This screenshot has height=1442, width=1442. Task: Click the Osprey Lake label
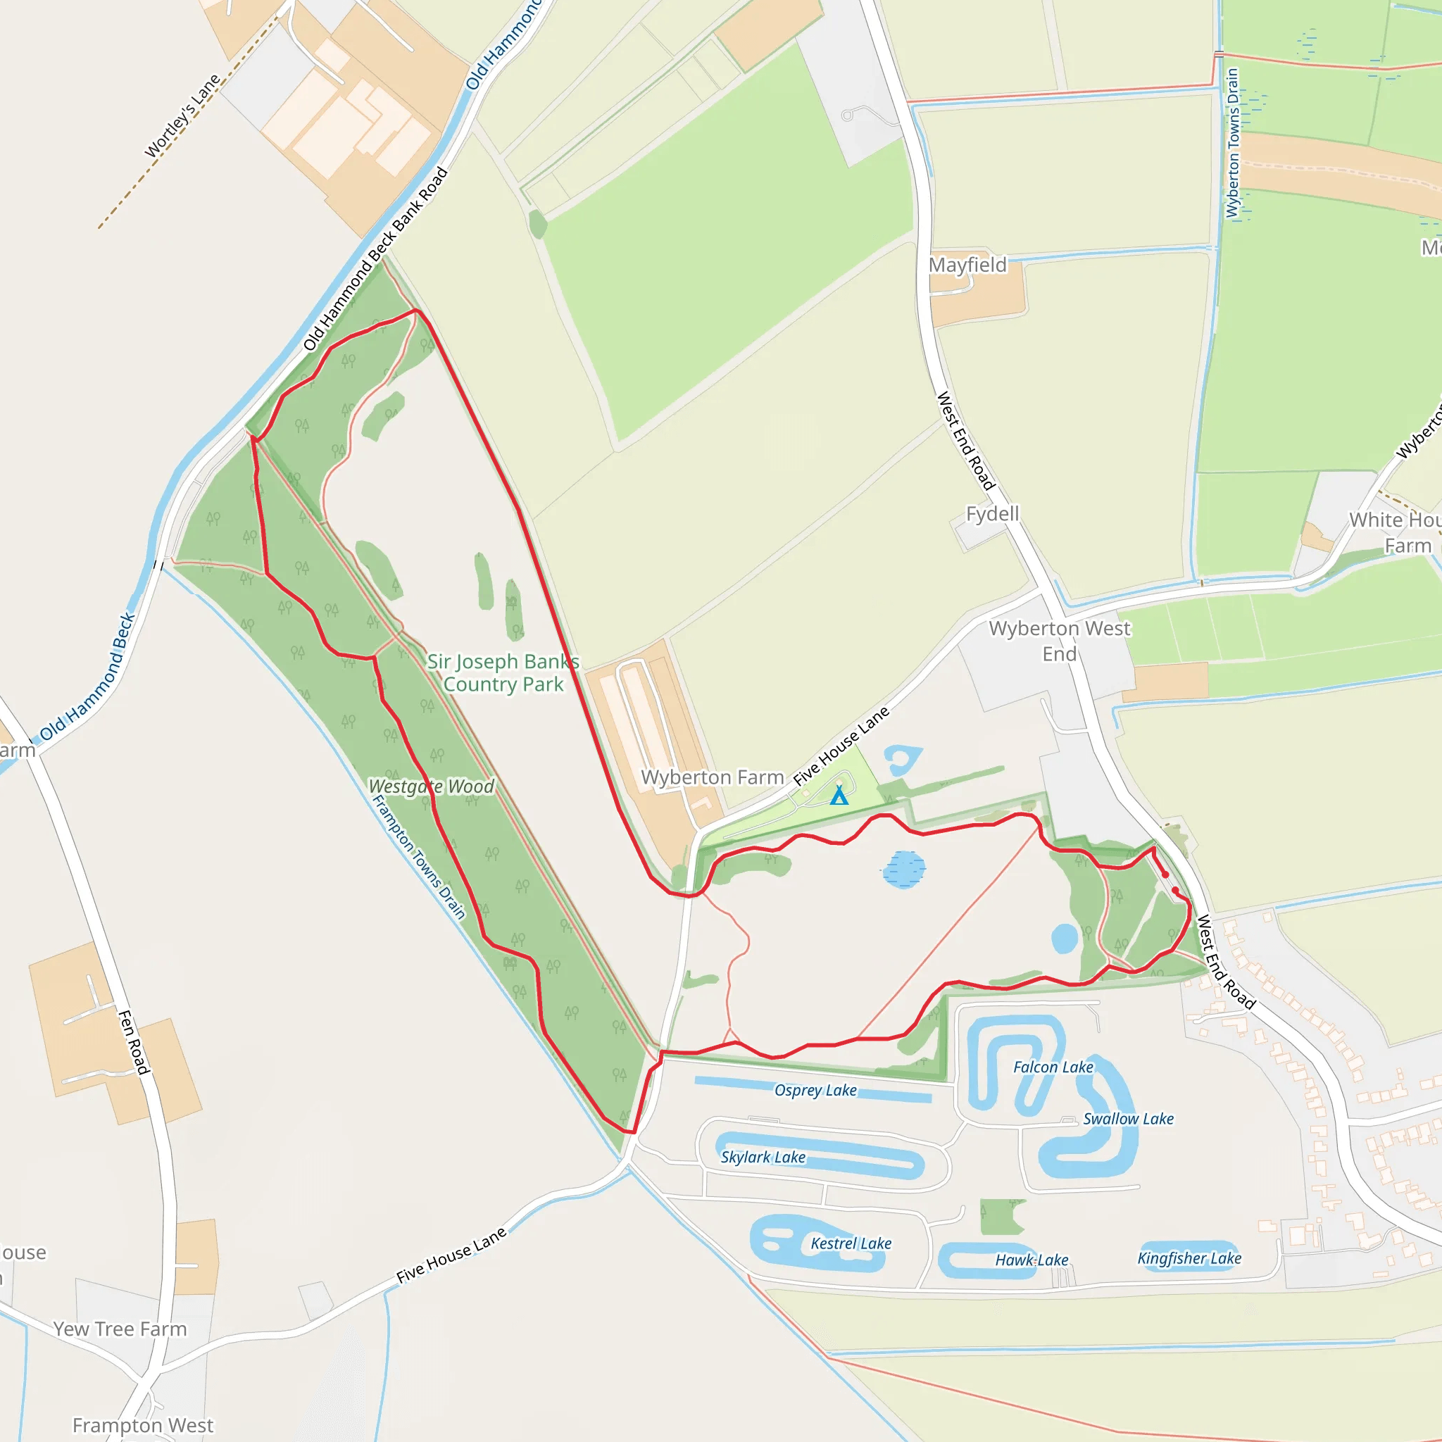pyautogui.click(x=815, y=1091)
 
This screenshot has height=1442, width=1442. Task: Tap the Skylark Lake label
pyautogui.click(x=763, y=1158)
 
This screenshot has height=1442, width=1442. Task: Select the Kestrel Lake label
pyautogui.click(x=851, y=1243)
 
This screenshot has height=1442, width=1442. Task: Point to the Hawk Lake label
pyautogui.click(x=1032, y=1260)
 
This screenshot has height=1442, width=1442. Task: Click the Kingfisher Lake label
pyautogui.click(x=1189, y=1258)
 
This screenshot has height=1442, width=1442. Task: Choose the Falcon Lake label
pyautogui.click(x=1053, y=1067)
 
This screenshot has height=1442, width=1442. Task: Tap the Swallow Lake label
pyautogui.click(x=1128, y=1119)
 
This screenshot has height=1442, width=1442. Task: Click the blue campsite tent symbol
pyautogui.click(x=839, y=796)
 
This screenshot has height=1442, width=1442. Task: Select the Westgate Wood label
pyautogui.click(x=432, y=786)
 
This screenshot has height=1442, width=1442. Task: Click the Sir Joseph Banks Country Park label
pyautogui.click(x=503, y=672)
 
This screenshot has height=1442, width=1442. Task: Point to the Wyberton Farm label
pyautogui.click(x=712, y=778)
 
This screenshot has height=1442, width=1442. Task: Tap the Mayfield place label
pyautogui.click(x=967, y=265)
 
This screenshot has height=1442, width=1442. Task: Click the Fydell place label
pyautogui.click(x=992, y=513)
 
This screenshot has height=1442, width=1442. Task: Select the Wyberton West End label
pyautogui.click(x=1059, y=641)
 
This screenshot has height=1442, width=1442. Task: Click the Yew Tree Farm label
pyautogui.click(x=120, y=1329)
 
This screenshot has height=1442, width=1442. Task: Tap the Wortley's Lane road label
pyautogui.click(x=182, y=116)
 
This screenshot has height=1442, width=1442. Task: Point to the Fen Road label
pyautogui.click(x=134, y=1042)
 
